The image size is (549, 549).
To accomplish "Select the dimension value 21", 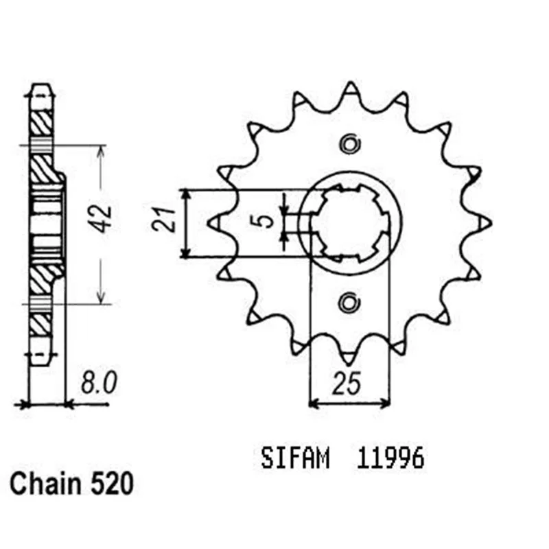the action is (x=163, y=220).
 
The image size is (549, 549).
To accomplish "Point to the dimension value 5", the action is (x=266, y=220).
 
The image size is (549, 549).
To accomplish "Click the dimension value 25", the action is (x=347, y=384).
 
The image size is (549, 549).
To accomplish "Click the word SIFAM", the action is (x=295, y=458).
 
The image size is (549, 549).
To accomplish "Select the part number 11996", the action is (x=390, y=458).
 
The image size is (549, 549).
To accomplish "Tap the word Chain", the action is (x=45, y=484).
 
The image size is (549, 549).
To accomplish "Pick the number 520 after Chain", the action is (x=112, y=484).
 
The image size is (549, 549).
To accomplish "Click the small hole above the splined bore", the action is (x=350, y=144).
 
